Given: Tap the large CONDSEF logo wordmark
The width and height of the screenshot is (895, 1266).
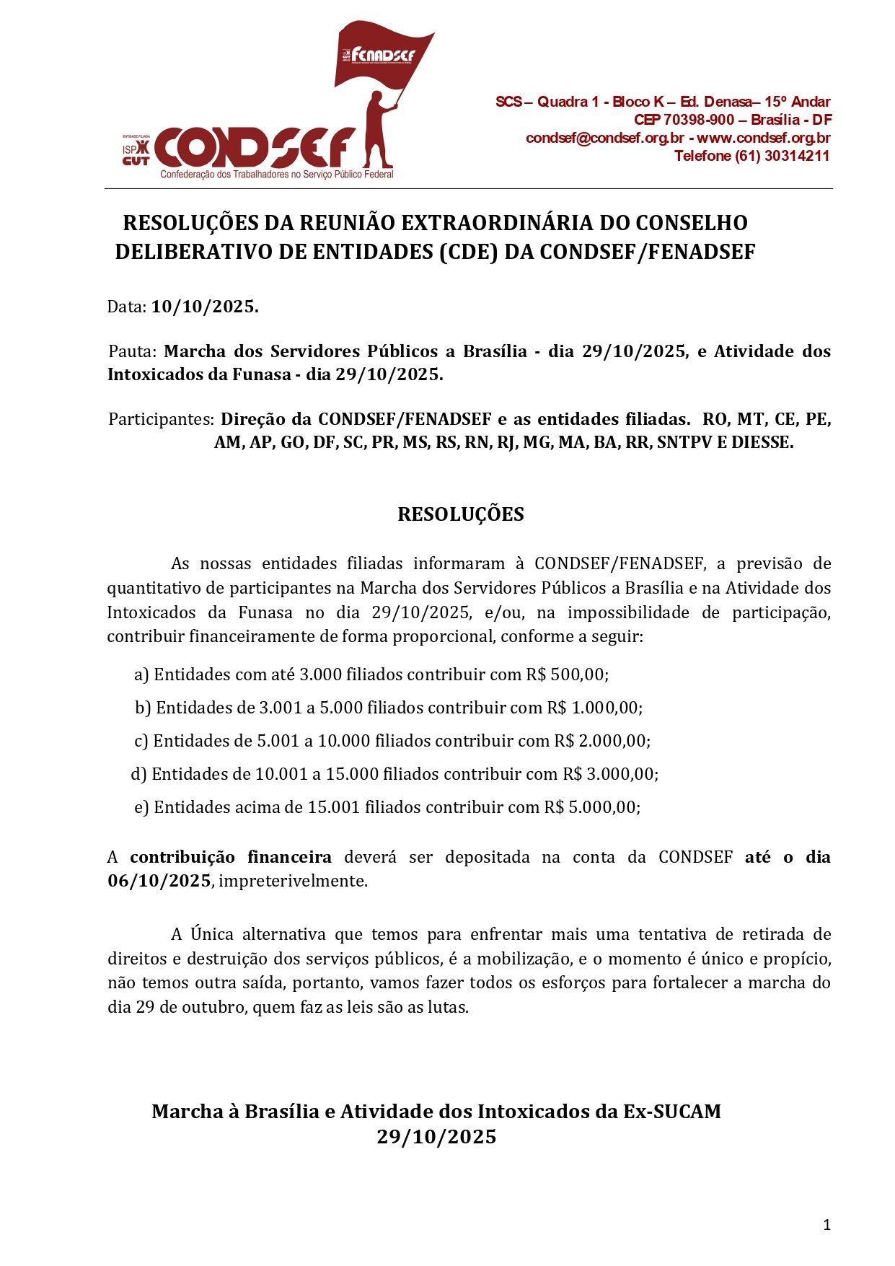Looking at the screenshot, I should point(256,148).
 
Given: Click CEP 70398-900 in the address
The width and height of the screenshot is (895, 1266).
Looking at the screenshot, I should point(684,120).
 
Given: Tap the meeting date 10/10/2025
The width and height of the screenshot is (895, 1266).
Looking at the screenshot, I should point(204,307).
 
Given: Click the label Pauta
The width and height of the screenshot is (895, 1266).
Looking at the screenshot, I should point(131,351).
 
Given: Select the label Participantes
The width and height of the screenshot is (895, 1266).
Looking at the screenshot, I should point(161,419).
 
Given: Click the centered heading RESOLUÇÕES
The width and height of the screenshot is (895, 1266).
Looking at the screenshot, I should point(461,514).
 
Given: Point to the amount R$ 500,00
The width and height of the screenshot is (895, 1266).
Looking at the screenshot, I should point(567,674).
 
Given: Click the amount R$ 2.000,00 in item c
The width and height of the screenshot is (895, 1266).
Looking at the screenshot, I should point(601,741).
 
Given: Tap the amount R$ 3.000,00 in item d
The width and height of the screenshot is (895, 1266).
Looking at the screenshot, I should point(610,774).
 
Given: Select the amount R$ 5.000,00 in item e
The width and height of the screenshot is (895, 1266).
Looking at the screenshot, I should point(592,807).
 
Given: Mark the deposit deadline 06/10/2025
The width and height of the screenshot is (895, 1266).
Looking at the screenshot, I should point(159,881).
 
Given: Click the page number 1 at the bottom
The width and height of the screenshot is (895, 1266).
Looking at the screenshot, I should point(826,1225).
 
